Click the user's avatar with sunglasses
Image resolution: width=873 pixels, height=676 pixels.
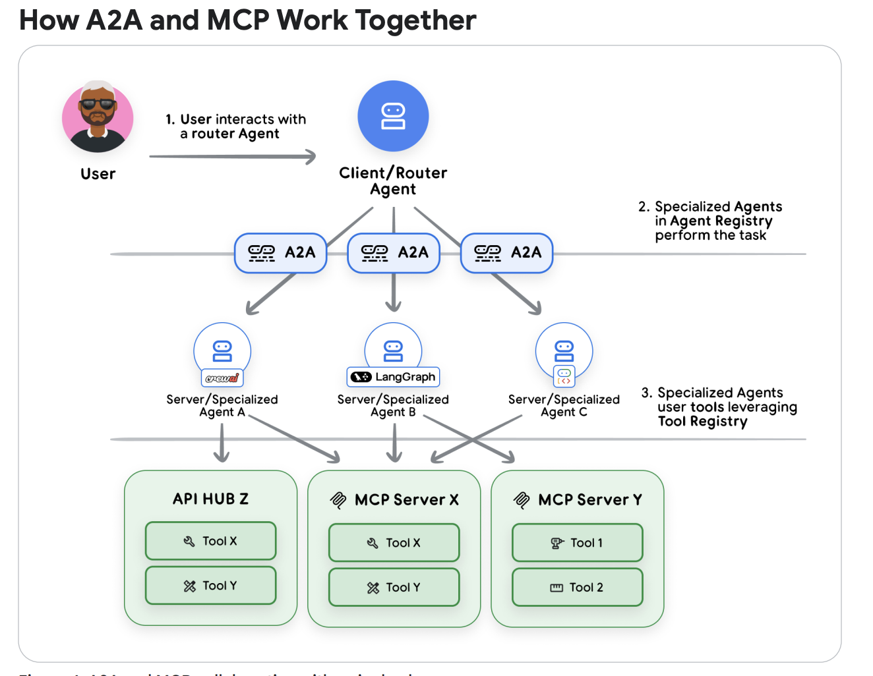click(98, 117)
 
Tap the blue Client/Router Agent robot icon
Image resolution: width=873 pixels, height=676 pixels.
click(393, 117)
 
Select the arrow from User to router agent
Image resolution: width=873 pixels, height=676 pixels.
click(232, 157)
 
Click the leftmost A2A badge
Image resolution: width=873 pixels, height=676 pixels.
click(281, 253)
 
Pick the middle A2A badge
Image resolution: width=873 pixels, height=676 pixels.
click(394, 253)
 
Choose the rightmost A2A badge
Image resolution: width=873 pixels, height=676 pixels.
click(506, 253)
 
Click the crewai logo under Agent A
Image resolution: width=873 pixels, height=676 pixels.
click(222, 378)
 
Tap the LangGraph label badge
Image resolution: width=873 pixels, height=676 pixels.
click(393, 377)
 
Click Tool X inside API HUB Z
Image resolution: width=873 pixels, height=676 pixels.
click(210, 541)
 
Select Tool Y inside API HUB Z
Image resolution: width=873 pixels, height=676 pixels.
click(210, 586)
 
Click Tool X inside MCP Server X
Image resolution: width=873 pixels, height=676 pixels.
click(394, 543)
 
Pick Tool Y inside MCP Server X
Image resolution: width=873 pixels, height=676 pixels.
click(394, 588)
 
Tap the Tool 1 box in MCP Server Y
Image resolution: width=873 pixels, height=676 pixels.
click(577, 543)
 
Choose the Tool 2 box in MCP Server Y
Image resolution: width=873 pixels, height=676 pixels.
click(577, 588)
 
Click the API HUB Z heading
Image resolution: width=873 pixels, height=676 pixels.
click(210, 499)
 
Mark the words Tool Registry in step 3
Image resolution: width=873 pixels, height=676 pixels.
click(702, 422)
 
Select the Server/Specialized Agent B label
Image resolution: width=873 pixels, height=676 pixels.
click(393, 405)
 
